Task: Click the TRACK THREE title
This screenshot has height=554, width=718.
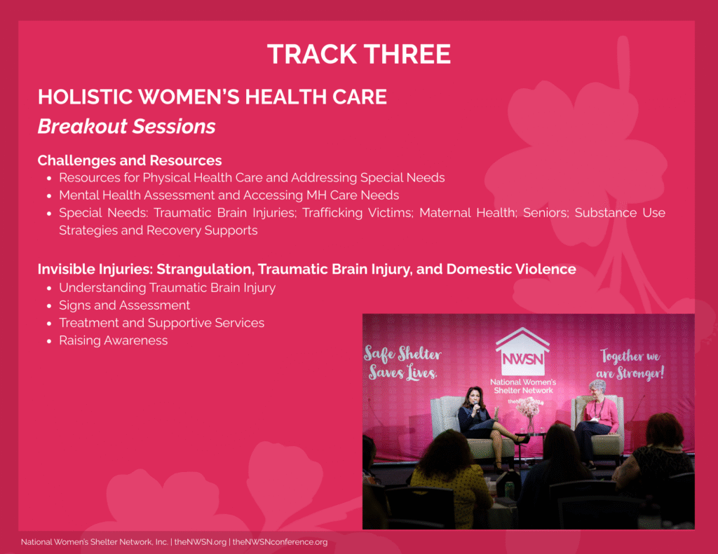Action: (359, 54)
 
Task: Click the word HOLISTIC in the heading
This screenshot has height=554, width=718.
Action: (85, 97)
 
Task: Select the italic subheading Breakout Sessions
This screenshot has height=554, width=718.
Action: (126, 127)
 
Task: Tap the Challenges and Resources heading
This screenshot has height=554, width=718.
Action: (130, 160)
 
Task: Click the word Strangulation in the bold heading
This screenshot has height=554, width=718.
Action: (205, 269)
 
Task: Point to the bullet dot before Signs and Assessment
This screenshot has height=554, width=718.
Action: (49, 306)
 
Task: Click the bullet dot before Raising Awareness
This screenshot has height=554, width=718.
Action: (49, 341)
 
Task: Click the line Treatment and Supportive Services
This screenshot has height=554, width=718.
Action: (162, 323)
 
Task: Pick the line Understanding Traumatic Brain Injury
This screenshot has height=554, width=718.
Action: (167, 288)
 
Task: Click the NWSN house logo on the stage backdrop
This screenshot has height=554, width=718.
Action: (522, 352)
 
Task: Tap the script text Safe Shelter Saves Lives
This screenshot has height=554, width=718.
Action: (402, 363)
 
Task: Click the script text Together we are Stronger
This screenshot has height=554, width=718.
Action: (630, 365)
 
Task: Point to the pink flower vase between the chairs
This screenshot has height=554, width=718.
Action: (529, 415)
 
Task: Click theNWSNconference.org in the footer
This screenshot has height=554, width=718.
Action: (280, 542)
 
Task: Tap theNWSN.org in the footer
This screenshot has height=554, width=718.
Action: (200, 542)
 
